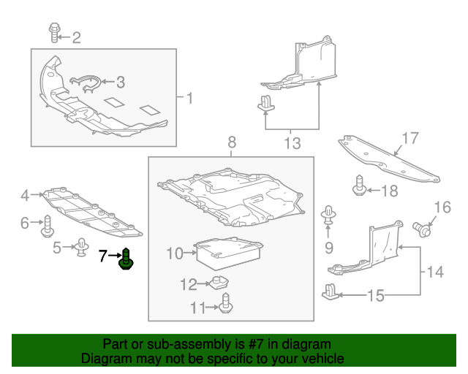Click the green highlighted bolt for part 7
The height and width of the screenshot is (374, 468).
tap(127, 259)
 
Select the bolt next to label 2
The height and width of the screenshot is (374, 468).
tap(54, 32)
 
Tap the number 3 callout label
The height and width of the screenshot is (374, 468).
tap(121, 83)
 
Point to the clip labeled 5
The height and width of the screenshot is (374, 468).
tap(81, 248)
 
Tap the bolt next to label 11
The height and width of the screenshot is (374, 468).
tap(226, 304)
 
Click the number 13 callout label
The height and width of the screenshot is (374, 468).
tap(292, 144)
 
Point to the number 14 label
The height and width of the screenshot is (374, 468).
tap(435, 273)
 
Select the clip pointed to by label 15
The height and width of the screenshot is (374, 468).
tap(330, 290)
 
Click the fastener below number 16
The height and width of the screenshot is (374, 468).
tap(421, 230)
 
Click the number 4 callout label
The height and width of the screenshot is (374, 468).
tap(25, 195)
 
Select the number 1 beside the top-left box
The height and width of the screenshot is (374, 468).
tap(189, 98)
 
